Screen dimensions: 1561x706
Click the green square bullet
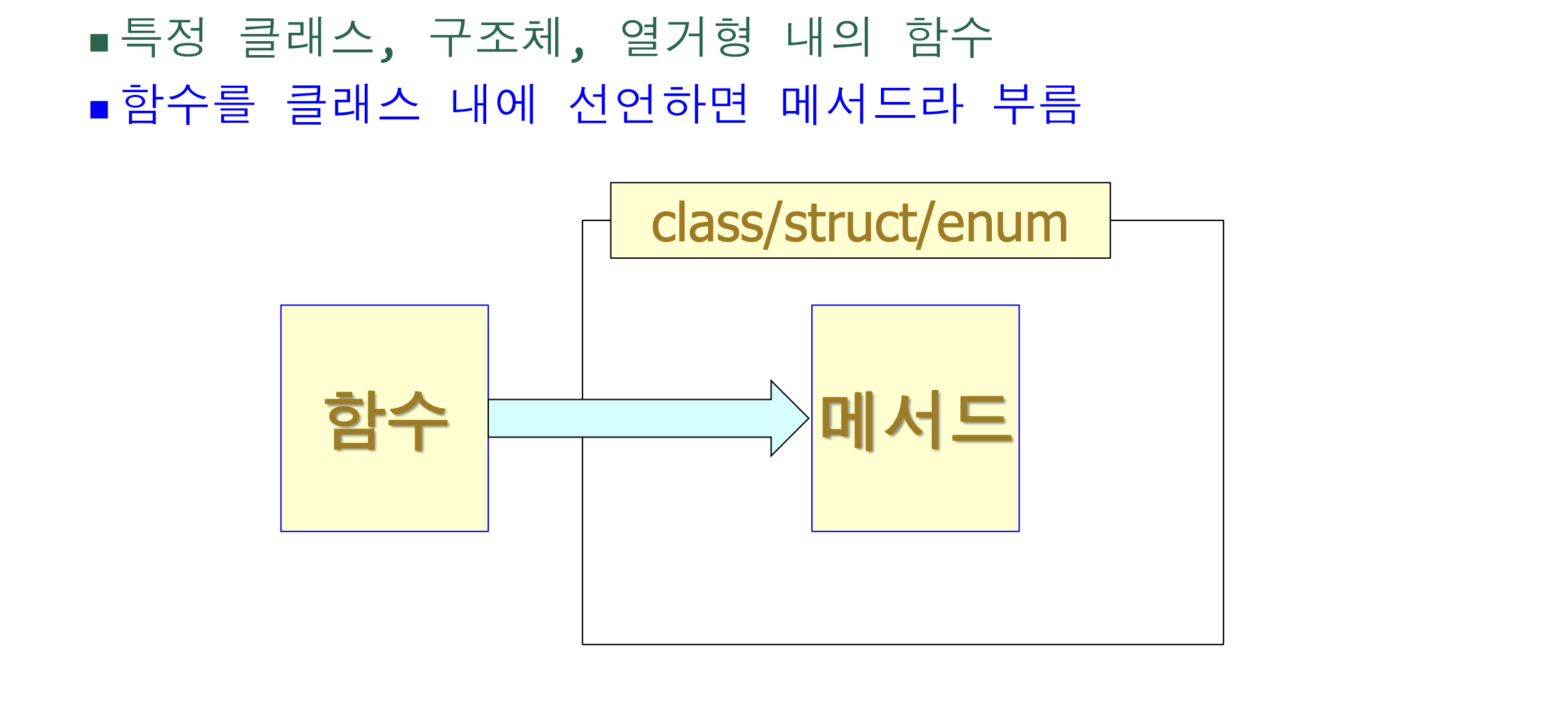pyautogui.click(x=99, y=43)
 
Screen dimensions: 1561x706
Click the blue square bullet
pyautogui.click(x=99, y=110)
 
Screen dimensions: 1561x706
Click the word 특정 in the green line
pyautogui.click(x=164, y=37)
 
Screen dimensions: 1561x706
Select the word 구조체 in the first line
pyautogui.click(x=497, y=37)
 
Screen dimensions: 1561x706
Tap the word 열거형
pyautogui.click(x=686, y=37)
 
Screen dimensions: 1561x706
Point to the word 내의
pyautogui.click(x=829, y=37)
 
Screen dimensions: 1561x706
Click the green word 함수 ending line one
pyautogui.click(x=949, y=37)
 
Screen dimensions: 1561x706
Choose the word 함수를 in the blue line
pyautogui.click(x=188, y=104)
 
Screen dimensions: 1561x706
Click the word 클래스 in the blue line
pyautogui.click(x=354, y=104)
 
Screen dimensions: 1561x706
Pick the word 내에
pyautogui.click(x=494, y=104)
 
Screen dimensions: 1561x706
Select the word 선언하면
pyautogui.click(x=658, y=104)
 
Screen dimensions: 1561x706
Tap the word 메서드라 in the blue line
pyautogui.click(x=872, y=104)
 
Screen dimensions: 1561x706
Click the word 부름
pyautogui.click(x=1036, y=104)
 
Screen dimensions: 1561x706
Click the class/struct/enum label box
pyautogui.click(x=860, y=220)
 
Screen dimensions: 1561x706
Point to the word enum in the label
pyautogui.click(x=1002, y=224)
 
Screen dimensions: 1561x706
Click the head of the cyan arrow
pyautogui.click(x=788, y=419)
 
